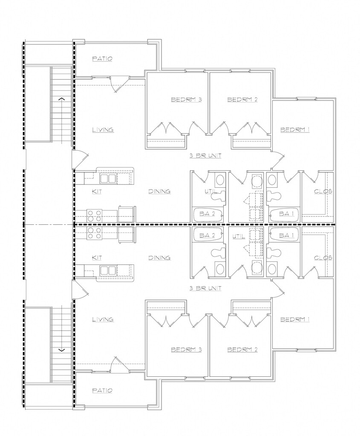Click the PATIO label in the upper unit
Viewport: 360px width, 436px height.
pyautogui.click(x=103, y=59)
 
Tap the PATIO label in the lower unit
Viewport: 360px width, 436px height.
pyautogui.click(x=103, y=390)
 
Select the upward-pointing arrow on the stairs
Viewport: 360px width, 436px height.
pyautogui.click(x=62, y=98)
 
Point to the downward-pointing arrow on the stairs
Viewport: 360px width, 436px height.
pyautogui.click(x=62, y=350)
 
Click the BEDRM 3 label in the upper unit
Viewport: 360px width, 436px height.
pyautogui.click(x=186, y=100)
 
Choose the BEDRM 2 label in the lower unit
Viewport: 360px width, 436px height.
pyautogui.click(x=242, y=350)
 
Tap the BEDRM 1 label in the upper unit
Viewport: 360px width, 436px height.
pyautogui.click(x=295, y=130)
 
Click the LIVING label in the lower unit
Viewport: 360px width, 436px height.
pyautogui.click(x=103, y=319)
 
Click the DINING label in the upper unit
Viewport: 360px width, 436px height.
pyautogui.click(x=159, y=192)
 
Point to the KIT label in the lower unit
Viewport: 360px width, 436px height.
pyautogui.click(x=97, y=258)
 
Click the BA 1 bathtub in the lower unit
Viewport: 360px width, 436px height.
pyautogui.click(x=284, y=235)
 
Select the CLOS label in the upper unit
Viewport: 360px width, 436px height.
pyautogui.click(x=323, y=192)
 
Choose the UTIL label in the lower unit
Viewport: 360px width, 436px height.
pyautogui.click(x=239, y=235)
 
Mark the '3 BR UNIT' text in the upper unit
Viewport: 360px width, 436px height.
pyautogui.click(x=205, y=156)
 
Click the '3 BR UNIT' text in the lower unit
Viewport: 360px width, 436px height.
pyautogui.click(x=205, y=288)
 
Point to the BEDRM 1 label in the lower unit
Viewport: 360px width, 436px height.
pyautogui.click(x=295, y=319)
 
